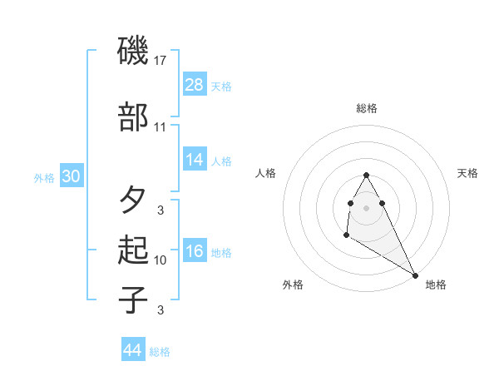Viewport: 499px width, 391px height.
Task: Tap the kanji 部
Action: click(133, 119)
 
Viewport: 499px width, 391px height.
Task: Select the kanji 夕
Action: click(133, 200)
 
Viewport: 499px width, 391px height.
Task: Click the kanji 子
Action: click(133, 300)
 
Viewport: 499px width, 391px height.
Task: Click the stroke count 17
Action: click(161, 61)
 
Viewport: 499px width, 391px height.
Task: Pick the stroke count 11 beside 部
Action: click(161, 127)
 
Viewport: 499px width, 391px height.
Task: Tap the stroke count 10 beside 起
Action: click(161, 260)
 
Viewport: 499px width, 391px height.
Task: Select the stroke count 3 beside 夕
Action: click(161, 210)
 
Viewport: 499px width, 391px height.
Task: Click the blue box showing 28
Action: click(195, 84)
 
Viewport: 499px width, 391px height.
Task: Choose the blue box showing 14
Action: click(195, 160)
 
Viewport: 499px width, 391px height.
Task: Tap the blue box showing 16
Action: click(195, 251)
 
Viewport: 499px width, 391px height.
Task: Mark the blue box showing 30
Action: click(71, 176)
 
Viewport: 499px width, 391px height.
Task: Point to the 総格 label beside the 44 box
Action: click(160, 352)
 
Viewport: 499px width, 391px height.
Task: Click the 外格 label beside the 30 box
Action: click(44, 178)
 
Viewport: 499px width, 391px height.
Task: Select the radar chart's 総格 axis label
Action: click(366, 108)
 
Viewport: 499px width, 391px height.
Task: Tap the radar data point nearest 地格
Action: click(415, 275)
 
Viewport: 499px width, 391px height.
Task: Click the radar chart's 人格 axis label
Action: click(265, 173)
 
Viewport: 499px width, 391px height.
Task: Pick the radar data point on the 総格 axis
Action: click(366, 176)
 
